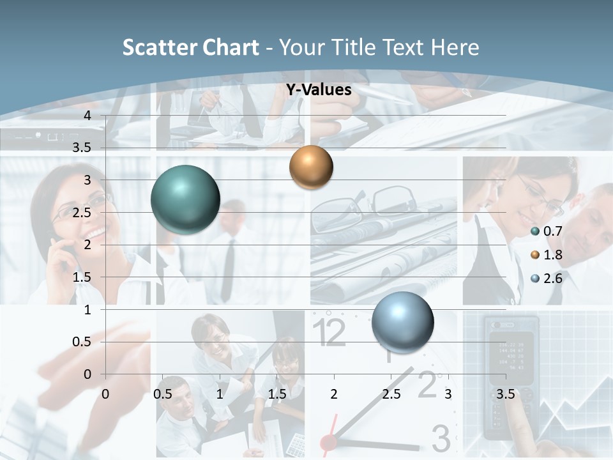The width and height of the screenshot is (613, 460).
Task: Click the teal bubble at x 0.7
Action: (185, 199)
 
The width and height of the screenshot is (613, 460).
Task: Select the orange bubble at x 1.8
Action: (311, 167)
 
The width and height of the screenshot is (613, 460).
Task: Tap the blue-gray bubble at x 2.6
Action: (402, 321)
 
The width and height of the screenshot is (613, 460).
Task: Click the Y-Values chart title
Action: (319, 90)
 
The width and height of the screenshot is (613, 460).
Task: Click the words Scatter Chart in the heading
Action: (190, 47)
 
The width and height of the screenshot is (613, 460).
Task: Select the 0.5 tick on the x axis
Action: (162, 394)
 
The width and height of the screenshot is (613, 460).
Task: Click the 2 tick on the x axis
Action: (334, 394)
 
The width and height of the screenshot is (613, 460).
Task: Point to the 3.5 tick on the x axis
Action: (505, 394)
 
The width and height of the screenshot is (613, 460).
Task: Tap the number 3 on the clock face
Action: (441, 438)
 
